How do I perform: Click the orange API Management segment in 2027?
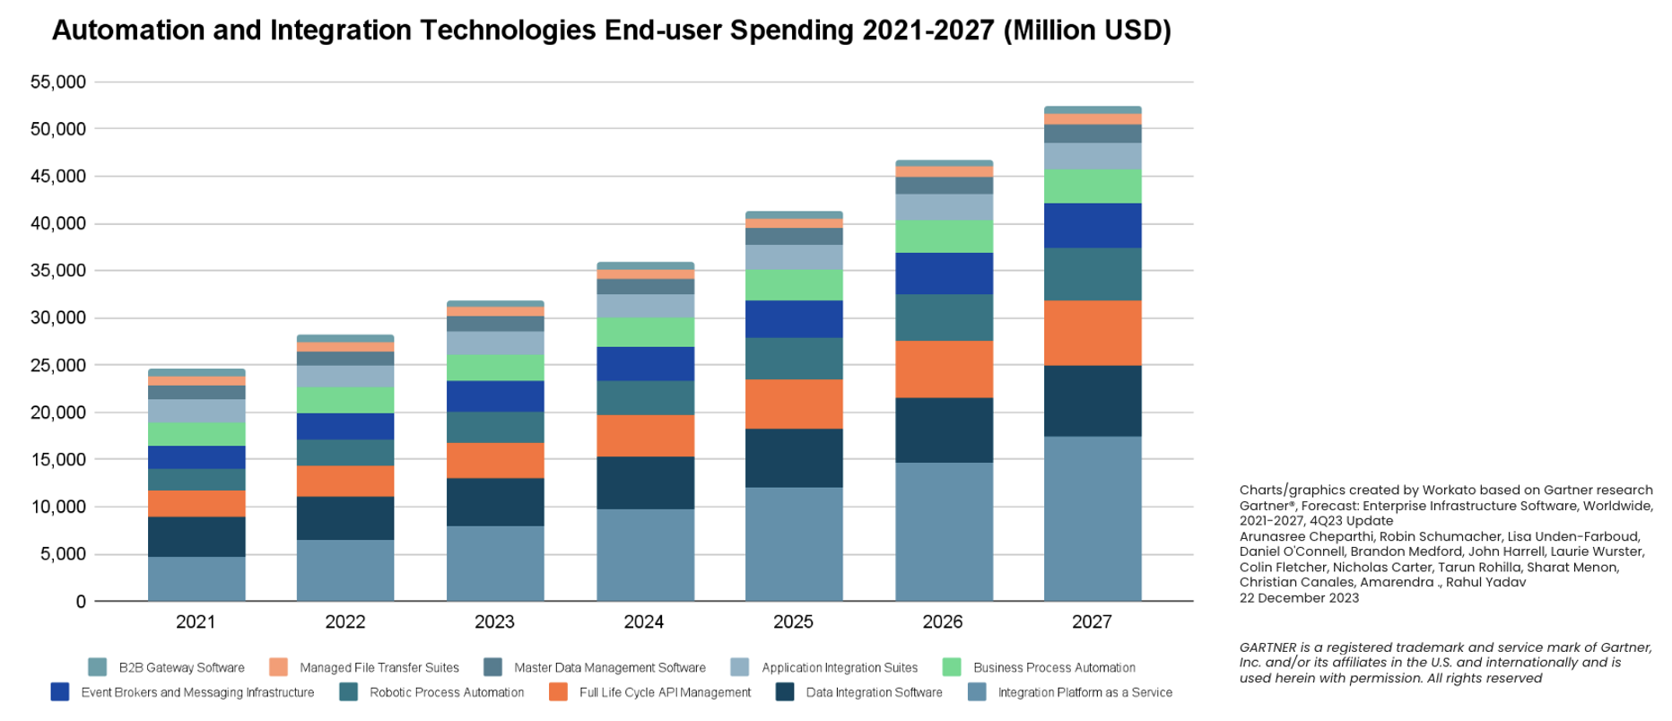pyautogui.click(x=1093, y=333)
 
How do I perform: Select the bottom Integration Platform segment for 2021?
pyautogui.click(x=196, y=578)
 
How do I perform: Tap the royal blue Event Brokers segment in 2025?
pyautogui.click(x=794, y=318)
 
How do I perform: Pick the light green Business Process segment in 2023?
pyautogui.click(x=495, y=368)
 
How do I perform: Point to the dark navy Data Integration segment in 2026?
pyautogui.click(x=944, y=430)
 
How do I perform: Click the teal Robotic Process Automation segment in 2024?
pyautogui.click(x=645, y=397)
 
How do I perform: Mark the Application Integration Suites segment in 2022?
pyautogui.click(x=345, y=376)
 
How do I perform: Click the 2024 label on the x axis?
pyautogui.click(x=644, y=621)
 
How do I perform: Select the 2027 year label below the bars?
pyautogui.click(x=1092, y=621)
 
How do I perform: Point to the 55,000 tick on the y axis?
pyautogui.click(x=58, y=83)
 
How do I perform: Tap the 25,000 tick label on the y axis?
pyautogui.click(x=58, y=366)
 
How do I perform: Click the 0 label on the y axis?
pyautogui.click(x=81, y=602)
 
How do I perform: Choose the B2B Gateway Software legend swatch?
pyautogui.click(x=98, y=667)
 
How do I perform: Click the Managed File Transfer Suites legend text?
pyautogui.click(x=379, y=668)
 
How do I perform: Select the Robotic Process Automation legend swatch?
pyautogui.click(x=349, y=692)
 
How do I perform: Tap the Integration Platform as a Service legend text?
pyautogui.click(x=1085, y=692)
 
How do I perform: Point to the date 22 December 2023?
pyautogui.click(x=1299, y=598)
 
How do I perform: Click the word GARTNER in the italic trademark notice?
pyautogui.click(x=1267, y=647)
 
